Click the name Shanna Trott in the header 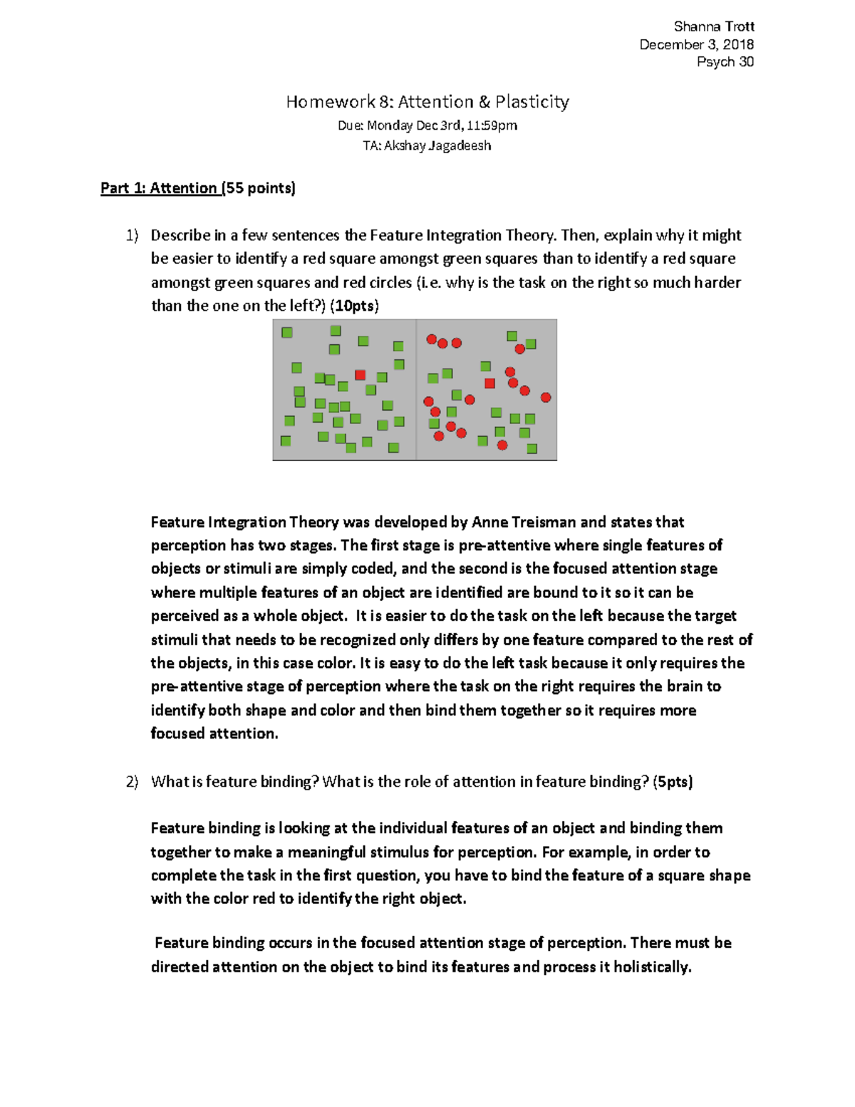tap(714, 26)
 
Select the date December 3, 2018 tap(696, 44)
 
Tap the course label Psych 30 tap(725, 62)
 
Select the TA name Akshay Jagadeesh tap(437, 146)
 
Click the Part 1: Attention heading tap(159, 188)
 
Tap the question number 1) tap(132, 235)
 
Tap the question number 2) tap(132, 782)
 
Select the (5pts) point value tap(673, 782)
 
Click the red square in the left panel tap(361, 375)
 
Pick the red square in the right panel tap(489, 383)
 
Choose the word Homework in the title tap(330, 102)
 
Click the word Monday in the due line tap(389, 125)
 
